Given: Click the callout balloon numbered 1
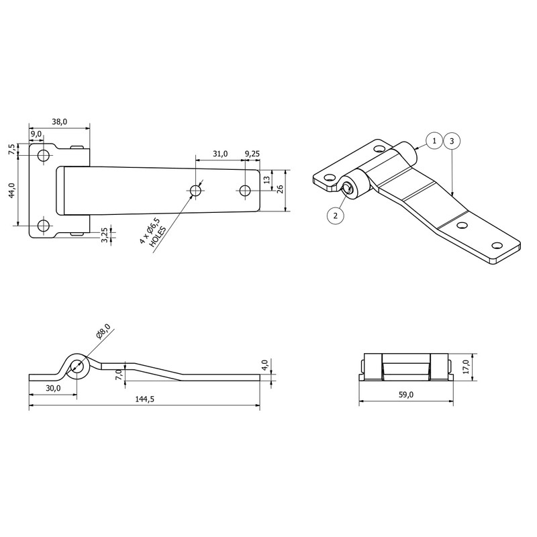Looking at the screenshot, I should coord(434,141).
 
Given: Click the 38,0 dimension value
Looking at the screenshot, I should coord(59,121).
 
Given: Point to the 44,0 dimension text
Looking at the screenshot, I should coord(11,191).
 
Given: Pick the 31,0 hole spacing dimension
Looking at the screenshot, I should coord(219,154).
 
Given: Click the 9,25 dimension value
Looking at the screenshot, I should coord(252,154).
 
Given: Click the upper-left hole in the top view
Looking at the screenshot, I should coord(44,156).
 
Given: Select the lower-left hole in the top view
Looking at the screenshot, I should coord(44,226).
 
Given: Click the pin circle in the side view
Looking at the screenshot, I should coord(77,367).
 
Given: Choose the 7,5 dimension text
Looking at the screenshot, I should coord(11,150).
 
